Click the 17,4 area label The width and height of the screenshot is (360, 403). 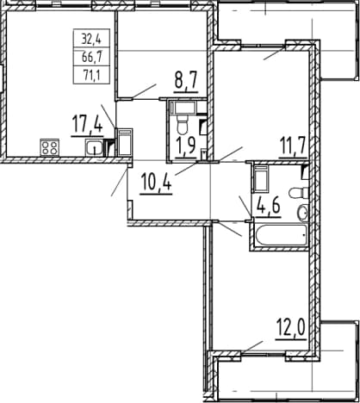[x=87, y=125]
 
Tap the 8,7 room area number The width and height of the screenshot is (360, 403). [x=186, y=82]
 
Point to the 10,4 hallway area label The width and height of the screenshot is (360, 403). [x=156, y=183]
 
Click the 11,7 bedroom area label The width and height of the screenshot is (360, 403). [x=293, y=147]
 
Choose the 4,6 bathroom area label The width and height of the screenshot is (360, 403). [x=266, y=207]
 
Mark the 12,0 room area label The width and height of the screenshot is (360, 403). [x=290, y=329]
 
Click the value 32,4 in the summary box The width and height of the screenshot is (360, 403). [x=91, y=39]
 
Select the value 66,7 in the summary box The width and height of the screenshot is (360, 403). [x=91, y=58]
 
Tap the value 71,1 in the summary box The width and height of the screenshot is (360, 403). [x=92, y=76]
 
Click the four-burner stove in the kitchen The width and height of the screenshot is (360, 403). [x=50, y=147]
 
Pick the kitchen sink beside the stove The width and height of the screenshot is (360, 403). [x=94, y=147]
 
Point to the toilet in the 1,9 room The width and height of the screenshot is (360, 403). [x=182, y=125]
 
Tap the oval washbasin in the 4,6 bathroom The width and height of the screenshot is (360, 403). [x=302, y=213]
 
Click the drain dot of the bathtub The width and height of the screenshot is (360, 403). [x=304, y=235]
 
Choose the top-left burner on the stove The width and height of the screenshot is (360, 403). [x=46, y=145]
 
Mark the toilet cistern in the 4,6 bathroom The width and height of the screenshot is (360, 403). [x=306, y=192]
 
